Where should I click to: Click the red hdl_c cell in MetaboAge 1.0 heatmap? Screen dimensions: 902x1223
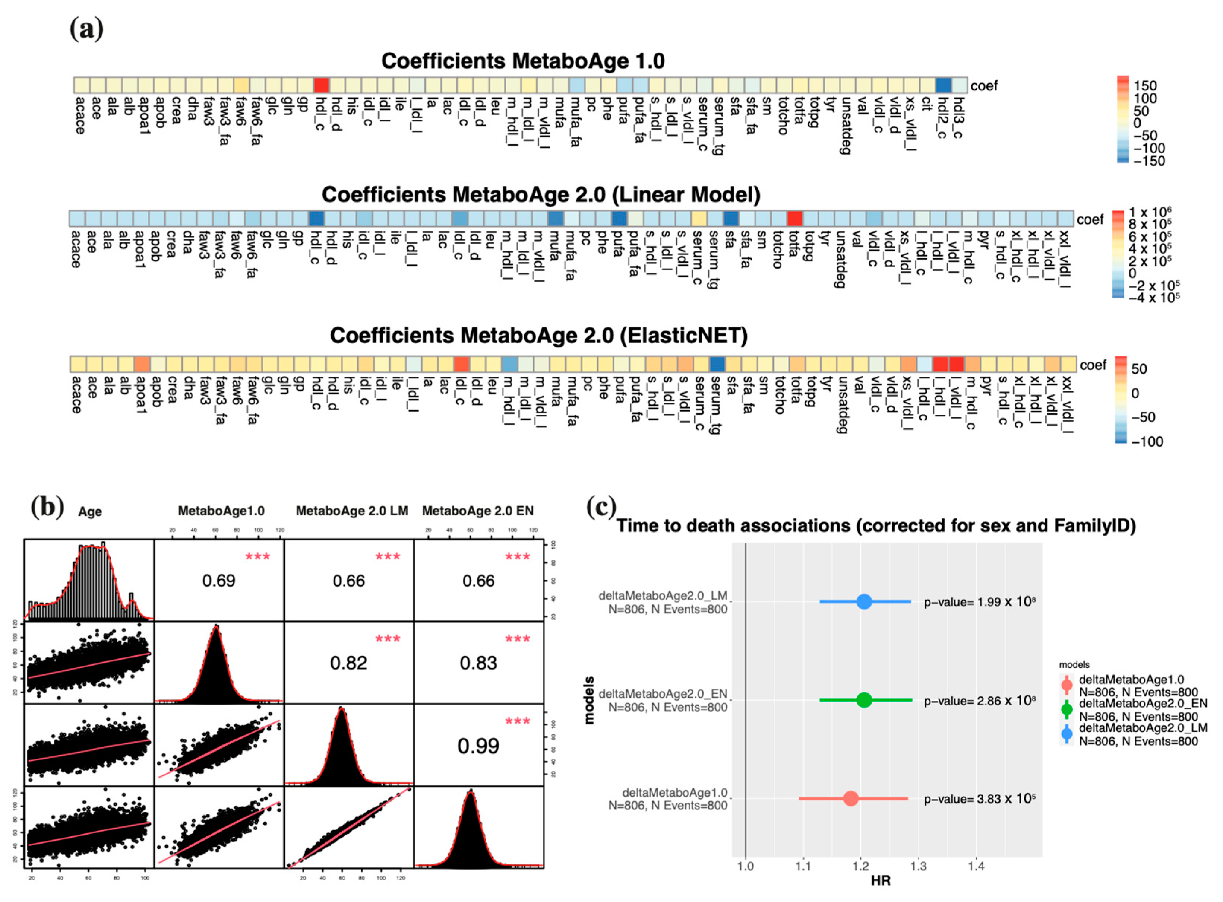pyautogui.click(x=321, y=85)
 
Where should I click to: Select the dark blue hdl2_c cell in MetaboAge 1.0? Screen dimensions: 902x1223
pyautogui.click(x=943, y=85)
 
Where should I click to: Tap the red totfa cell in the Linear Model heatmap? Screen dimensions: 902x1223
pyautogui.click(x=795, y=218)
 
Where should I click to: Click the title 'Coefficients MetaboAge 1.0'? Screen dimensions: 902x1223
pyautogui.click(x=523, y=61)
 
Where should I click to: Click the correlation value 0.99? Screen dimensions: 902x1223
pyautogui.click(x=478, y=746)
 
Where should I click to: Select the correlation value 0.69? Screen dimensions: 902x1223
pyautogui.click(x=218, y=580)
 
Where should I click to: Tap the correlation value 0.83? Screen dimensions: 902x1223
pyautogui.click(x=478, y=663)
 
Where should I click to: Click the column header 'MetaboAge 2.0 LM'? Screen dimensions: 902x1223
pyautogui.click(x=352, y=511)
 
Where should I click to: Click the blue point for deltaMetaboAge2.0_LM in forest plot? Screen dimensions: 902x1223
pyautogui.click(x=863, y=602)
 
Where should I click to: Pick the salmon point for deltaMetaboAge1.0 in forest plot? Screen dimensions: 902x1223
pyautogui.click(x=850, y=798)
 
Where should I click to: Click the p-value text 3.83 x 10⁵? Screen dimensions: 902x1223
pyautogui.click(x=979, y=799)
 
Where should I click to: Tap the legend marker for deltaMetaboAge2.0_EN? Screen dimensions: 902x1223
pyautogui.click(x=1066, y=709)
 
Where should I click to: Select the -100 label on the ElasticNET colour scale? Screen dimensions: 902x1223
pyautogui.click(x=1147, y=441)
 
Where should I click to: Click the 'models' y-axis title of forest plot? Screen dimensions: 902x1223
pyautogui.click(x=589, y=700)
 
